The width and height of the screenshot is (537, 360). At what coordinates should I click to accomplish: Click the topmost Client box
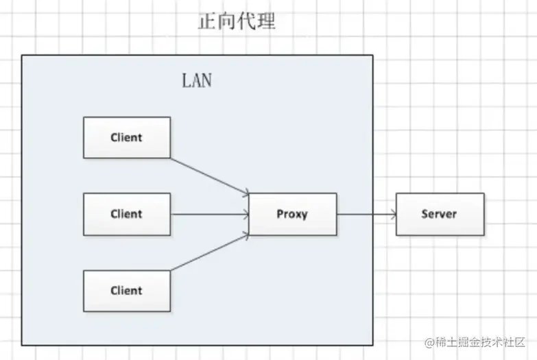(x=127, y=137)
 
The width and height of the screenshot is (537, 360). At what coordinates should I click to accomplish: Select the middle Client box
(x=127, y=214)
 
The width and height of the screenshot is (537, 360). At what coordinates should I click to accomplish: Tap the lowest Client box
(x=127, y=291)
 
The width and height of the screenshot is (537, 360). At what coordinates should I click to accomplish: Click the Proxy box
(x=292, y=214)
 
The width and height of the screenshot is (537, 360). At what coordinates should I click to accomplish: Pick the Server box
(x=440, y=214)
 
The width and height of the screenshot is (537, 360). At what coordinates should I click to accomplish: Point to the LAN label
(x=197, y=80)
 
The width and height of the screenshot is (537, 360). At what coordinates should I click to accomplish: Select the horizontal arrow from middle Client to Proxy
(x=209, y=214)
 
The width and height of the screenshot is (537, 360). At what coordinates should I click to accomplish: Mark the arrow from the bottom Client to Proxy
(x=209, y=252)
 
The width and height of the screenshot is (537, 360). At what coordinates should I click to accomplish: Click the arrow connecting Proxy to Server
(x=366, y=214)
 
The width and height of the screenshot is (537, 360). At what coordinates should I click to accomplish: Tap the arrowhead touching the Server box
(x=393, y=214)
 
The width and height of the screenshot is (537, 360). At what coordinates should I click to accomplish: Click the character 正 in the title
(x=207, y=22)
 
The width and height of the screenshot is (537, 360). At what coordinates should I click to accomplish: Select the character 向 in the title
(x=227, y=22)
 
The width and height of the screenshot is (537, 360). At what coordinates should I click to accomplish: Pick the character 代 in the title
(x=247, y=22)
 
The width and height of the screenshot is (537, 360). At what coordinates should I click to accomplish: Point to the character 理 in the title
(x=267, y=22)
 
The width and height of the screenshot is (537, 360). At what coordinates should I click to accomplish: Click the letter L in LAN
(x=187, y=80)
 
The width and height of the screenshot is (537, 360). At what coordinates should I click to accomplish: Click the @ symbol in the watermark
(x=430, y=341)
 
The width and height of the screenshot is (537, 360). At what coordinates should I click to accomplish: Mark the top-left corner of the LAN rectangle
(x=22, y=56)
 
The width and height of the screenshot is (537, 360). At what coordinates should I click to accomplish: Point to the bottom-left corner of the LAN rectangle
(x=22, y=344)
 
